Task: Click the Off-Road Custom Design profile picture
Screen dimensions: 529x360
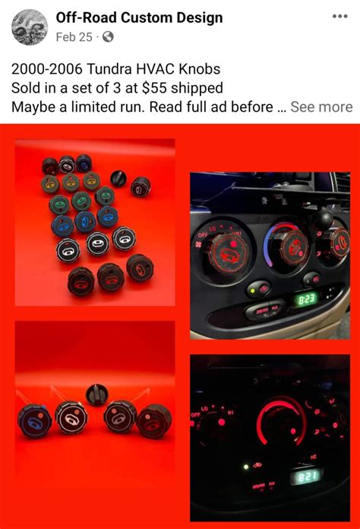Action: [x=30, y=27]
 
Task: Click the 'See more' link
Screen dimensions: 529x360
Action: [x=321, y=107]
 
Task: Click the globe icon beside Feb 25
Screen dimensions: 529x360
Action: [x=108, y=36]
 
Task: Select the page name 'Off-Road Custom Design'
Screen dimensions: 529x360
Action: [x=139, y=17]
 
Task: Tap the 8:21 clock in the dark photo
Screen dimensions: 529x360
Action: [x=308, y=476]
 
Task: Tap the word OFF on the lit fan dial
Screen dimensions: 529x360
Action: [x=203, y=236]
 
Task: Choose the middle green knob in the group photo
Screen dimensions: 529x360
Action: [x=82, y=201]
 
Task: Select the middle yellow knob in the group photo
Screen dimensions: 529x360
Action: [x=71, y=182]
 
